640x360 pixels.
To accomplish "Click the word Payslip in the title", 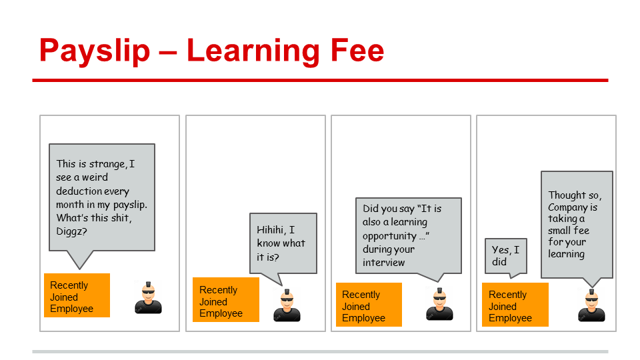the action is point(95,51).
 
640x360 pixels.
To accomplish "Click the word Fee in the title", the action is point(357,50).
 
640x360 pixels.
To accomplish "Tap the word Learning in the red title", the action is point(253,51).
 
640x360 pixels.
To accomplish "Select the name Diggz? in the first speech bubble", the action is point(71,231).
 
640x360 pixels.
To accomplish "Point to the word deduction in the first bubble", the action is point(79,191).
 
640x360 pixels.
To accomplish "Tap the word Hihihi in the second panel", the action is point(271,230).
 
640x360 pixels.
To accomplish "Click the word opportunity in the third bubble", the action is point(389,236).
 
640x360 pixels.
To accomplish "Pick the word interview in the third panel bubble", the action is point(384,263).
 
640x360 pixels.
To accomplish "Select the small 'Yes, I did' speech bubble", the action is point(506,256).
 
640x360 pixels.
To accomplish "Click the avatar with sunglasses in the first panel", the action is point(148,297).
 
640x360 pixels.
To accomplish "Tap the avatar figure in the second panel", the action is point(287,305).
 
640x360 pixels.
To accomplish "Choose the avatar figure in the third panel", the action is point(439,304).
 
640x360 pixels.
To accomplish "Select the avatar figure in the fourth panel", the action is point(591,305).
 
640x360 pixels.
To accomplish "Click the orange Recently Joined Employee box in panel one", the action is point(77,295).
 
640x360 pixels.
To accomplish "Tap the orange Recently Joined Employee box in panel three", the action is point(369,305).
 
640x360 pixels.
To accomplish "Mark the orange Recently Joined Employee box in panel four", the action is point(515,305).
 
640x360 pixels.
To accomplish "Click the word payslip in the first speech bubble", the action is point(130,205).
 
